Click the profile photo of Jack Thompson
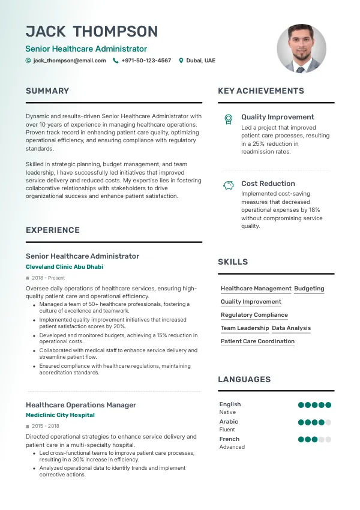pos(301,49)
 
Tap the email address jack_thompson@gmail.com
pos(70,61)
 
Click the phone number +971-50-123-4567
pos(146,61)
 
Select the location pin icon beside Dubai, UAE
pos(181,61)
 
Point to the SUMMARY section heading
pos(47,91)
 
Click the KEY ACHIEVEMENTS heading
pos(261,91)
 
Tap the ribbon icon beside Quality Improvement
pos(228,119)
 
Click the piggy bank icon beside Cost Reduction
pos(228,185)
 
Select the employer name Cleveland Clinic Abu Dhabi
pos(65,267)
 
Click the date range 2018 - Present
pos(49,278)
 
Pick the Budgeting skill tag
pos(309,289)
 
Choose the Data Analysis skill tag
pos(292,328)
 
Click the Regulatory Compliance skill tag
pos(254,315)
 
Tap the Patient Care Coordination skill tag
pos(257,341)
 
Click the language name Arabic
pos(229,422)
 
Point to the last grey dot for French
pos(328,439)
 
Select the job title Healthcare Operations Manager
pos(81,405)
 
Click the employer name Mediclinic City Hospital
pos(60,415)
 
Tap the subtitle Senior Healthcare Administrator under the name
pos(86,49)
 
